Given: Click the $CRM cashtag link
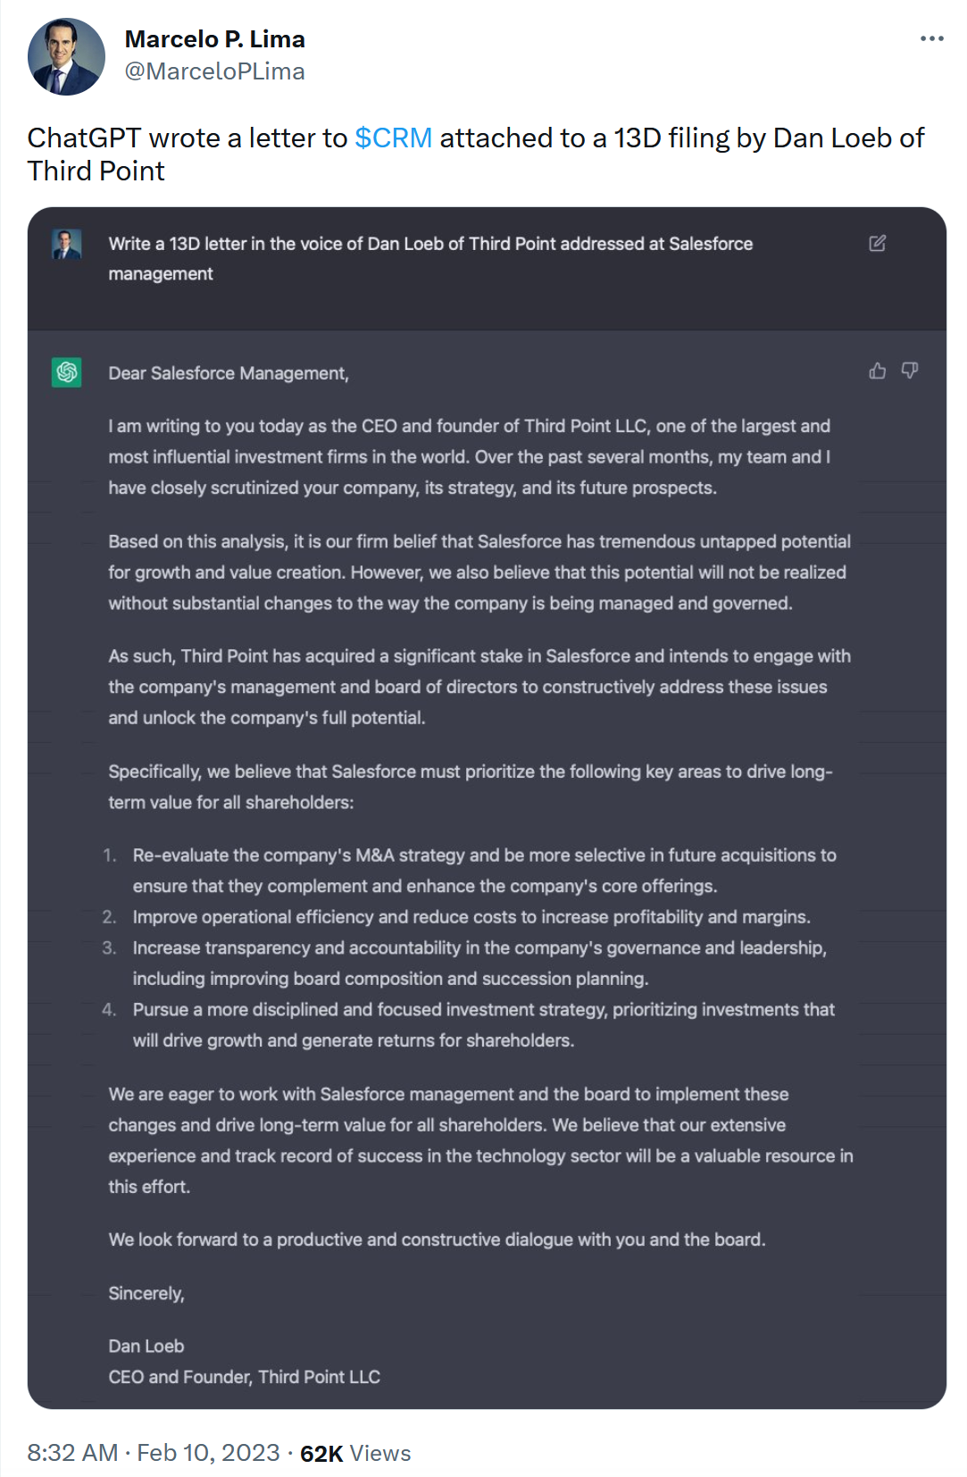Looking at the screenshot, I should [393, 138].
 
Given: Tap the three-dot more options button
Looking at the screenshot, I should [931, 38].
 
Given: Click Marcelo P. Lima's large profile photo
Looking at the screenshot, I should [66, 56].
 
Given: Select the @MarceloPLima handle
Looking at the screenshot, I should [214, 71].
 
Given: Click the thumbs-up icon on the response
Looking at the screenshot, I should [878, 371].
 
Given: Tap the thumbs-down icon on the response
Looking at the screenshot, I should [910, 371].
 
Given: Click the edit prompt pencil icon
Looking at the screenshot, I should [878, 244].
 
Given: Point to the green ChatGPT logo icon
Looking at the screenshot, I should [67, 372].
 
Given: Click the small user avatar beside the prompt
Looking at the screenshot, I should [67, 244].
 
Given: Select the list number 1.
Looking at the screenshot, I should [110, 855].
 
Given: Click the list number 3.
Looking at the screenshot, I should [109, 948].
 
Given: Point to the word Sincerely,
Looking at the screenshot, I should [146, 1294].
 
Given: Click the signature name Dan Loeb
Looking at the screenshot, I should [146, 1347].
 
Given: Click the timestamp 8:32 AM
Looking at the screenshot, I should [72, 1454].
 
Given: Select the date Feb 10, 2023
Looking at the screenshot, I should [208, 1454].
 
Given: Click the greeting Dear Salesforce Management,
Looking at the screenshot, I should [229, 373].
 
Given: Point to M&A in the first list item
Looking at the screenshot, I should [374, 855].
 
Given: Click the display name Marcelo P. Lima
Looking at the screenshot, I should [214, 39].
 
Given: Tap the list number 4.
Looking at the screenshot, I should [109, 1010].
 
